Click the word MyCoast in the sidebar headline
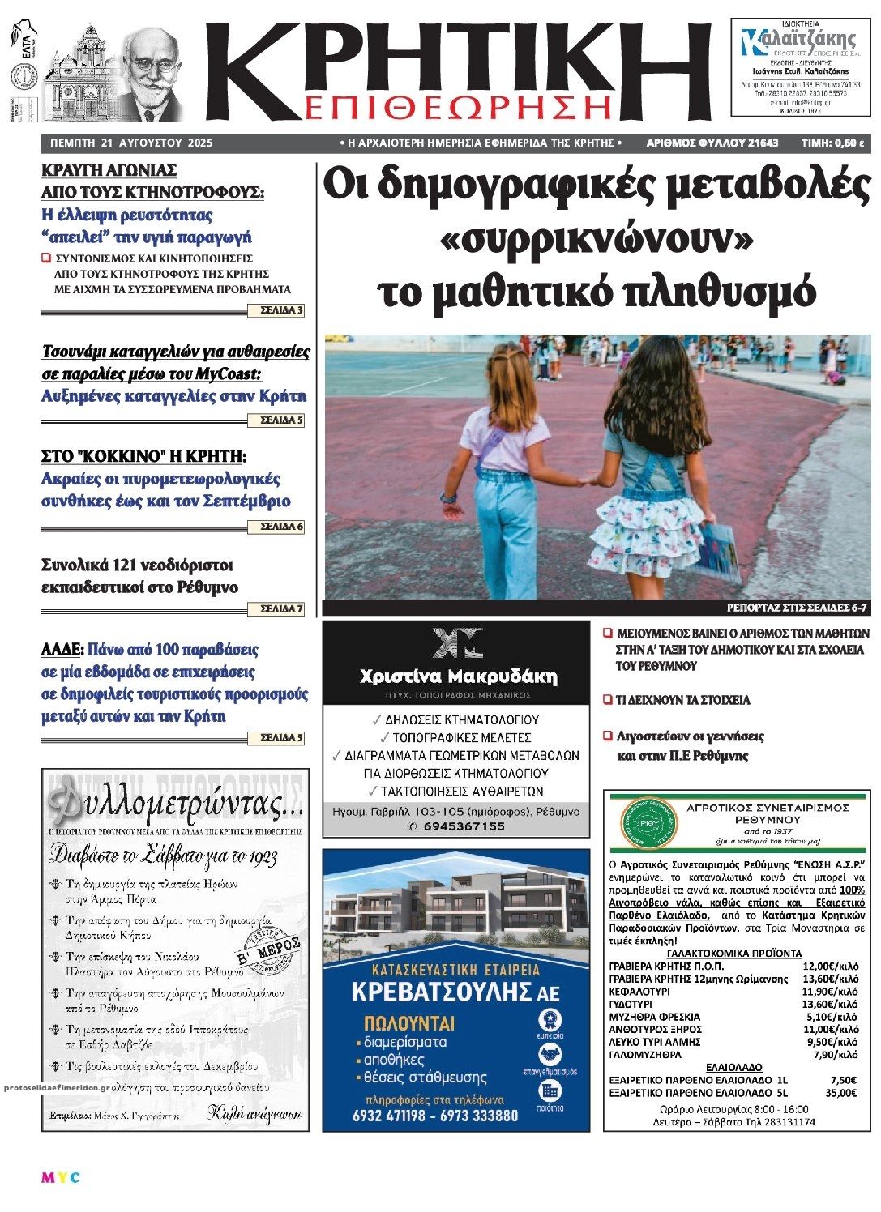point(229,373)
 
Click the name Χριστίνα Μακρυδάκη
point(458,676)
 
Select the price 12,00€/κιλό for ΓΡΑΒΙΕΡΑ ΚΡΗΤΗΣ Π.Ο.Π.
point(829,967)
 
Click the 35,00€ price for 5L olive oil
point(843,1092)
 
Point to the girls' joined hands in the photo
point(589,479)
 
